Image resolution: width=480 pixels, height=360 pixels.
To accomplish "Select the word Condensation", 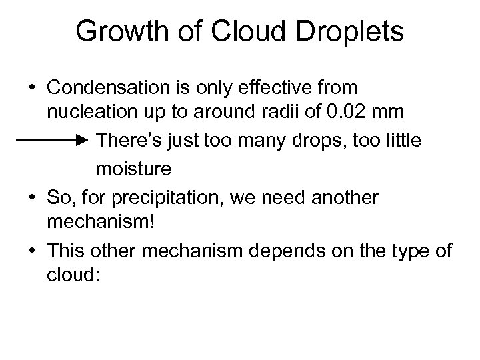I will tap(109, 87).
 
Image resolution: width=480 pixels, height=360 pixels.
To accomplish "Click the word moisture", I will tap(133, 170).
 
